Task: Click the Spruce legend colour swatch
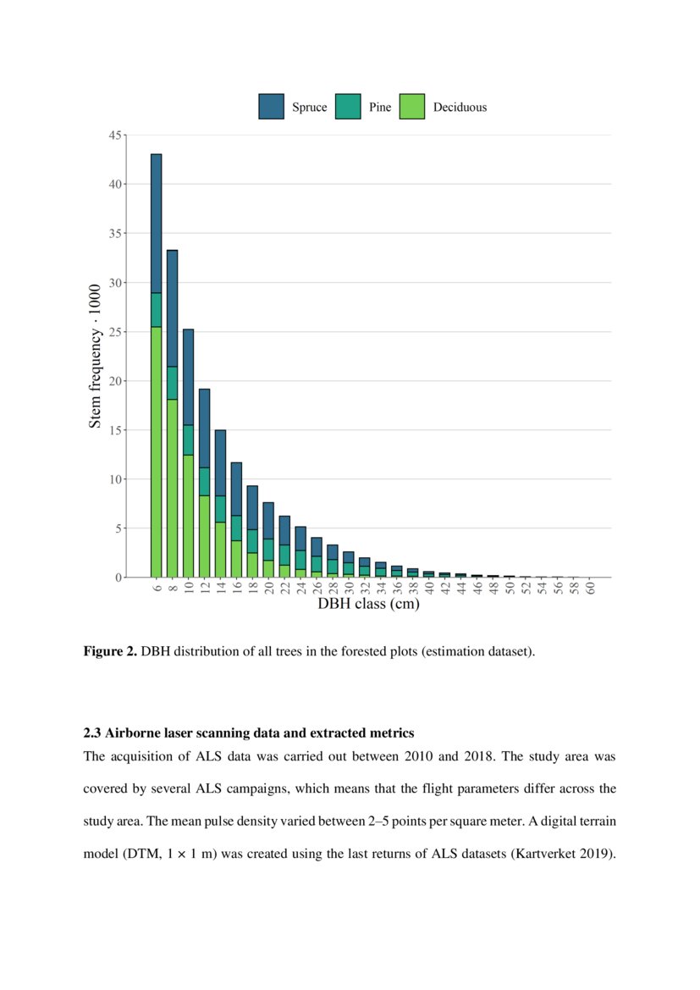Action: [271, 107]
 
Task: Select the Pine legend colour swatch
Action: [348, 107]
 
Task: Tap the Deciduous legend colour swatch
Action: [411, 107]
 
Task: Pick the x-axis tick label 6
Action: [157, 587]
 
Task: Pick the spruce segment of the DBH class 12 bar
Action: [204, 428]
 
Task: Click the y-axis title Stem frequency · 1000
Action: [95, 356]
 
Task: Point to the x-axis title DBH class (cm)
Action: [368, 605]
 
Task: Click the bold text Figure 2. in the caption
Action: [110, 652]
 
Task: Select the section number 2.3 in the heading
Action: [92, 732]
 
